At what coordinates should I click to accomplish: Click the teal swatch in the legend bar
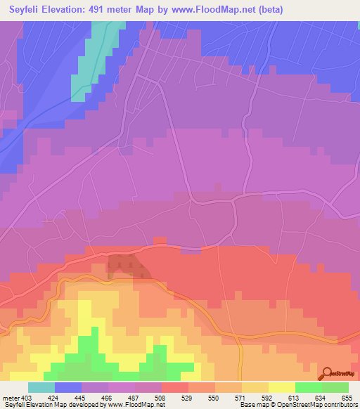pyautogui.click(x=41, y=387)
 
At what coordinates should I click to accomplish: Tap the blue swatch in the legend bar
pyautogui.click(x=68, y=387)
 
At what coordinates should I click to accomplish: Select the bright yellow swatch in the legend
pyautogui.click(x=282, y=387)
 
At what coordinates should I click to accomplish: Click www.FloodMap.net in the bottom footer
pyautogui.click(x=137, y=405)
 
